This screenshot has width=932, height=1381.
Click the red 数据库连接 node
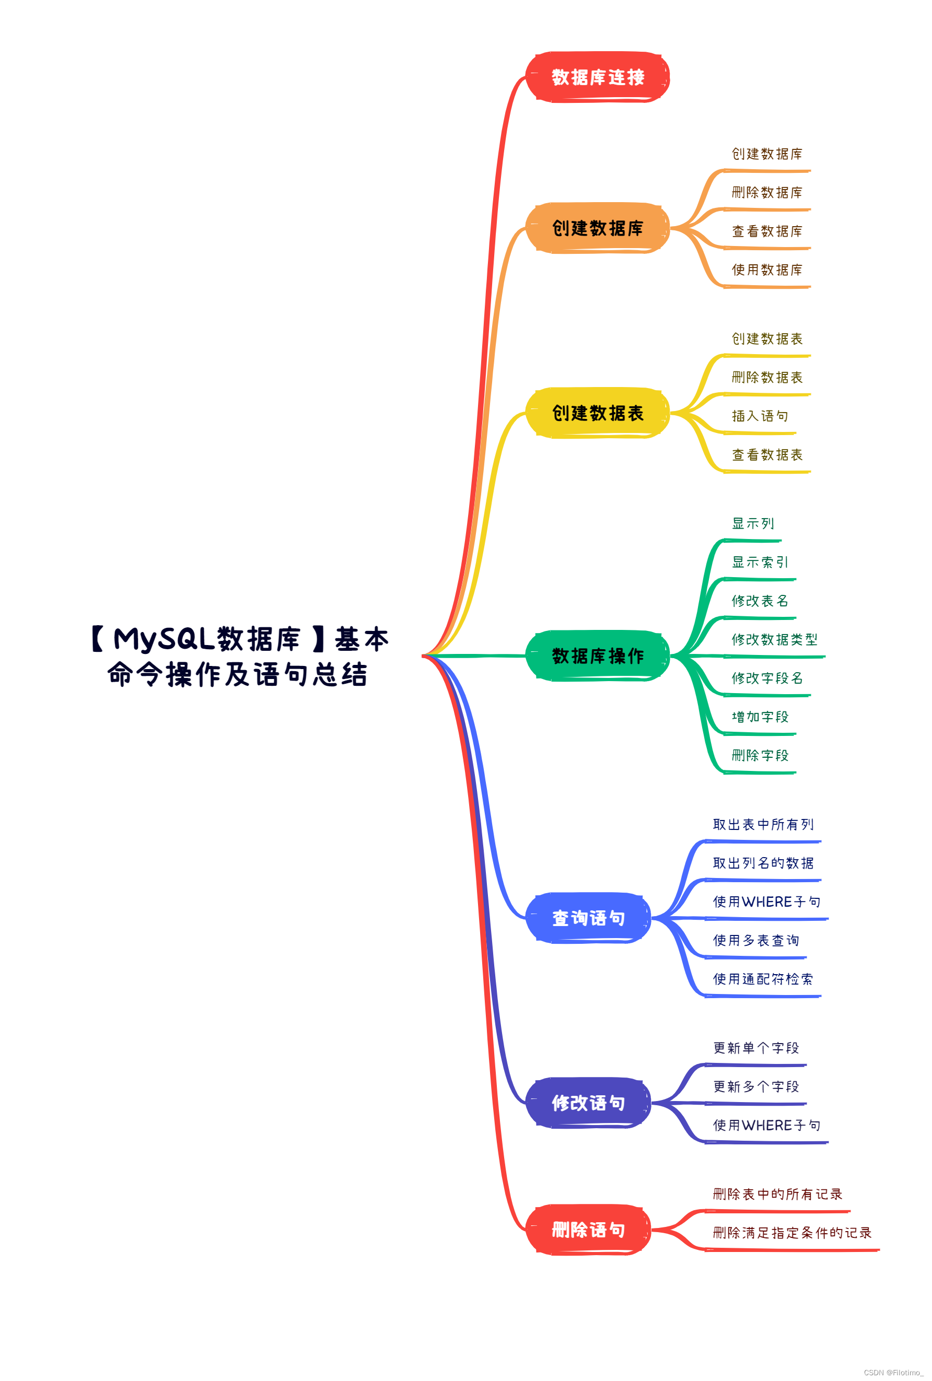(x=597, y=77)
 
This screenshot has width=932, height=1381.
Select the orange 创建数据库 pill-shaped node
(x=597, y=228)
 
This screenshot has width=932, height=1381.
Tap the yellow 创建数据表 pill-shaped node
(x=597, y=413)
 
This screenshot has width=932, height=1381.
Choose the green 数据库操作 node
(x=597, y=656)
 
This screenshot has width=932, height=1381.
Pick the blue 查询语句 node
(x=588, y=918)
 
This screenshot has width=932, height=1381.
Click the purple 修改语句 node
(x=588, y=1103)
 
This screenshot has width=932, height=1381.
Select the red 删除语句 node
(x=588, y=1230)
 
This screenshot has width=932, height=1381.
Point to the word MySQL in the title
(x=164, y=639)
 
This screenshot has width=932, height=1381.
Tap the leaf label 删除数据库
(x=767, y=193)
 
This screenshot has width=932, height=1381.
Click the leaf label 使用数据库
(x=767, y=270)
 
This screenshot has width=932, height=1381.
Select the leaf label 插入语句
(x=760, y=416)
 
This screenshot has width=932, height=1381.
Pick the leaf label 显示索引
(x=760, y=562)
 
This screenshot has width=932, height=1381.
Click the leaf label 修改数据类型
(x=774, y=639)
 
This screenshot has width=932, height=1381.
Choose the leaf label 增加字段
(x=760, y=717)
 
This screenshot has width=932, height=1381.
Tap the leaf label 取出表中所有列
(x=763, y=824)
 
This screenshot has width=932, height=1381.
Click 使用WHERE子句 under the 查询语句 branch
(x=767, y=902)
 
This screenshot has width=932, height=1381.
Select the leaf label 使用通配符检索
(x=763, y=979)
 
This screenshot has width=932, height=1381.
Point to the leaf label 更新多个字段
(x=756, y=1086)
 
